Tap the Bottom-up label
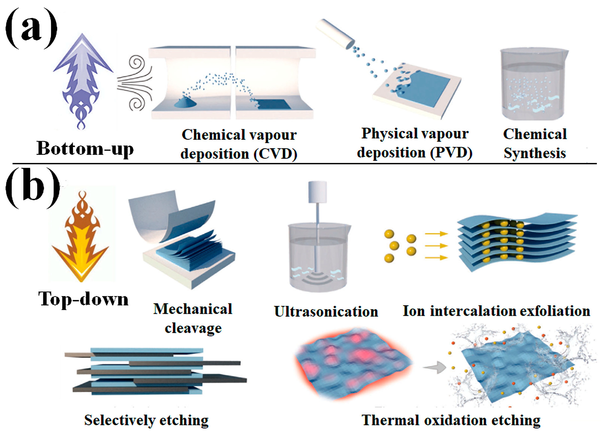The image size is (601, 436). click(x=85, y=149)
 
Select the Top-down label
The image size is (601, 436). click(x=83, y=299)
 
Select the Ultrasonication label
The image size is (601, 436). click(x=326, y=312)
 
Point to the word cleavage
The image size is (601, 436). click(x=193, y=328)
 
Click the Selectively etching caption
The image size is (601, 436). click(x=146, y=420)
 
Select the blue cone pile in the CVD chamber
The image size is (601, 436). click(x=185, y=102)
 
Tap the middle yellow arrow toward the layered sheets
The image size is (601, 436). click(x=436, y=246)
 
